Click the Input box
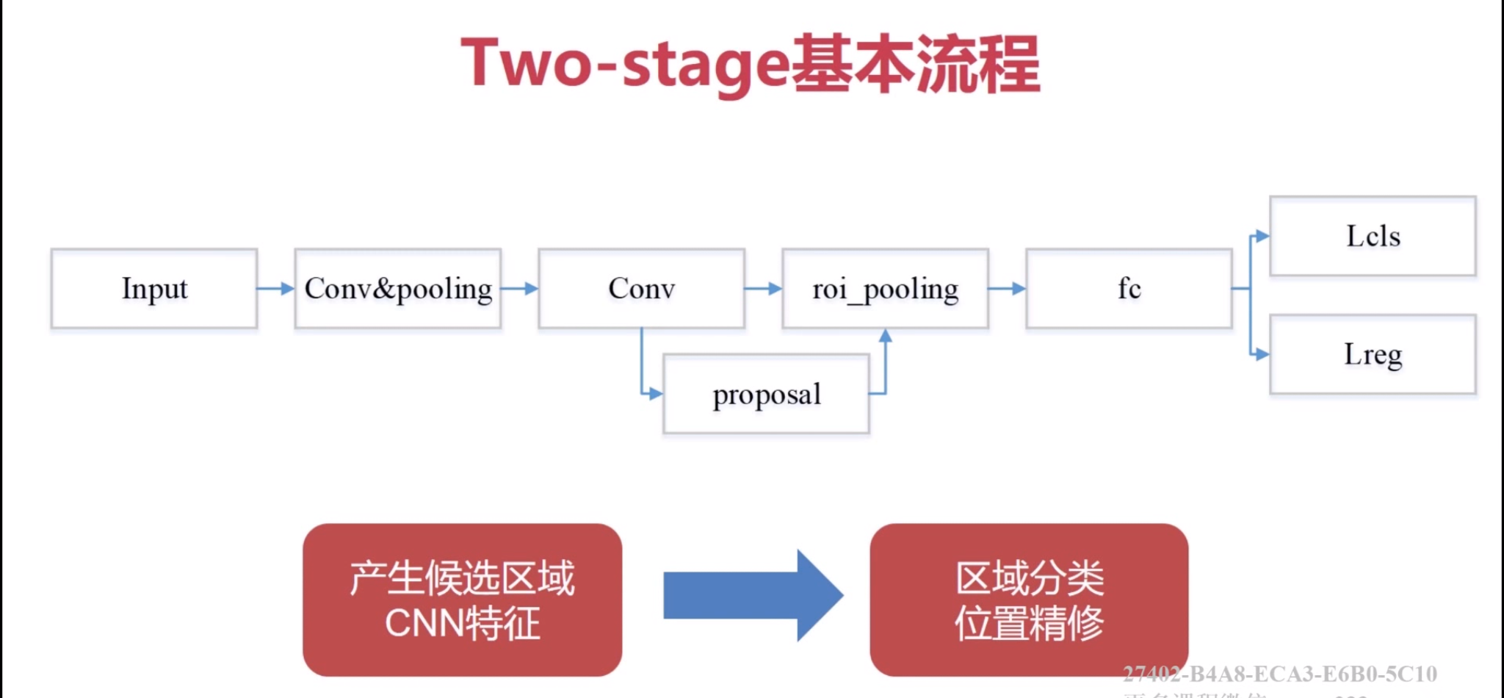pos(154,289)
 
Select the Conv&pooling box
pos(398,289)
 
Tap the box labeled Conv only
pos(641,289)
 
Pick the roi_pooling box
pos(885,289)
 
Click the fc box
pos(1129,289)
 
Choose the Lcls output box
pos(1373,236)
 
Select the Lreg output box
pos(1373,354)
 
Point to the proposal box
pos(766,395)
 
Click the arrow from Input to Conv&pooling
pos(276,289)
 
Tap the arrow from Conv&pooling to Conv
pos(520,289)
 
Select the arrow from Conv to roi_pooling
pos(764,289)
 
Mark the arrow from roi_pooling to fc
pos(1008,289)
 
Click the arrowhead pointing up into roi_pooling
pos(886,337)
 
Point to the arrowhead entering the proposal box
pos(656,394)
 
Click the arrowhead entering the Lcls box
pos(1262,236)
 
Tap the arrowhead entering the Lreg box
pos(1262,354)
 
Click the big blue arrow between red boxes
pos(753,595)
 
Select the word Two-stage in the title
pos(625,65)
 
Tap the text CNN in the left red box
pos(424,624)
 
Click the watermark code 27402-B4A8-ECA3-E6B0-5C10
pos(1279,674)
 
